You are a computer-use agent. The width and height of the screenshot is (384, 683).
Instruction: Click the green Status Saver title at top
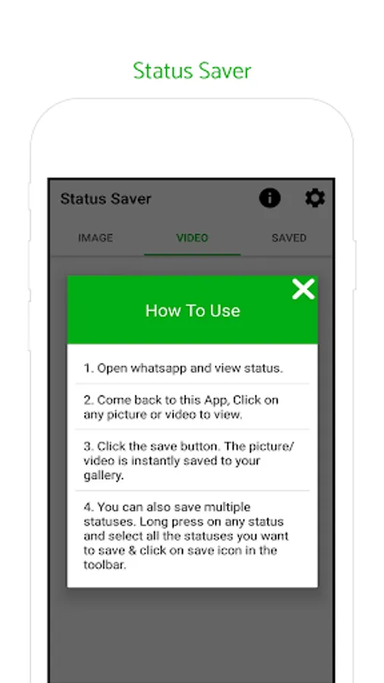(192, 71)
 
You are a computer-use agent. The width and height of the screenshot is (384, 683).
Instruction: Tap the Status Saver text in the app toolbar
(105, 199)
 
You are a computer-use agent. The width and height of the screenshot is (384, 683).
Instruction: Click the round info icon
(270, 198)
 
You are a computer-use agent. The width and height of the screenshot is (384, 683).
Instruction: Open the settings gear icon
(315, 198)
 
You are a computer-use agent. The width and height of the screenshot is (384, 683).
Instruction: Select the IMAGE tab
(96, 238)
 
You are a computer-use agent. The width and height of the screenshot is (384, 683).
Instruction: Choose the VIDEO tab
(192, 238)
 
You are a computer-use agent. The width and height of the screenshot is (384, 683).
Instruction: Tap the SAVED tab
(289, 238)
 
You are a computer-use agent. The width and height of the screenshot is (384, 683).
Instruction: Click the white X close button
(304, 290)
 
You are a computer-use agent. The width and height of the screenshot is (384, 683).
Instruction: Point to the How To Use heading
(193, 310)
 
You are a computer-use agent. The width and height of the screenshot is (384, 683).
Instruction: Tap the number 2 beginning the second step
(87, 400)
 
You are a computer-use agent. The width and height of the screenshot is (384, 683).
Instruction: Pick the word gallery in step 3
(104, 476)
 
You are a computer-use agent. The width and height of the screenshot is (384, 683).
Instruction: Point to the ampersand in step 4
(133, 550)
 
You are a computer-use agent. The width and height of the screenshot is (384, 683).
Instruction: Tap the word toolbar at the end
(105, 565)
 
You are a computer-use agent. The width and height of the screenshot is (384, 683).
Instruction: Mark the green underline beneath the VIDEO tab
(193, 254)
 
